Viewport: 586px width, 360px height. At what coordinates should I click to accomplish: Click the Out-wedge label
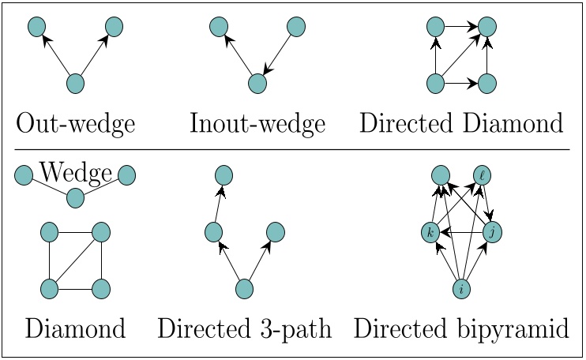tap(75, 124)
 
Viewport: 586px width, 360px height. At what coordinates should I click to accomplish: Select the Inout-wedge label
tap(257, 124)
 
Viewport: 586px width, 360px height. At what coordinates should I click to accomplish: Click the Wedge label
tap(75, 171)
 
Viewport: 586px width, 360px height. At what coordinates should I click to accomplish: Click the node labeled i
tap(461, 289)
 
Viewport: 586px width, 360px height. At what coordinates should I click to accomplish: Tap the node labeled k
tap(430, 232)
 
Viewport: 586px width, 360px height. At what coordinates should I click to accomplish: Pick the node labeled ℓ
tap(483, 175)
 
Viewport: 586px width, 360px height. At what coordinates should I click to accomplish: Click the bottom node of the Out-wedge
tap(75, 83)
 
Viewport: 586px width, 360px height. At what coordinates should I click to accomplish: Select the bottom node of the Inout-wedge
tap(256, 83)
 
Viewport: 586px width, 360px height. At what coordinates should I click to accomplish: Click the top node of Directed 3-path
tap(224, 174)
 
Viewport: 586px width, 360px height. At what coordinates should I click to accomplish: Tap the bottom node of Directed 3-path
tap(244, 289)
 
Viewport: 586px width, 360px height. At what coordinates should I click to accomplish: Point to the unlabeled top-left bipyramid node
tap(441, 175)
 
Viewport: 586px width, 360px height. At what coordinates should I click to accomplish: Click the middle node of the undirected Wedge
tap(75, 197)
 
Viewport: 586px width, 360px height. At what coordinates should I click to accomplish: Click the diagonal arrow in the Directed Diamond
tap(460, 55)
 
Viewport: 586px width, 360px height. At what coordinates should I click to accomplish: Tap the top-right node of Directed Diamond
tap(488, 27)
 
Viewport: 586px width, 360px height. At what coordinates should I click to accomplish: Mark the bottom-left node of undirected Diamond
tap(49, 288)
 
